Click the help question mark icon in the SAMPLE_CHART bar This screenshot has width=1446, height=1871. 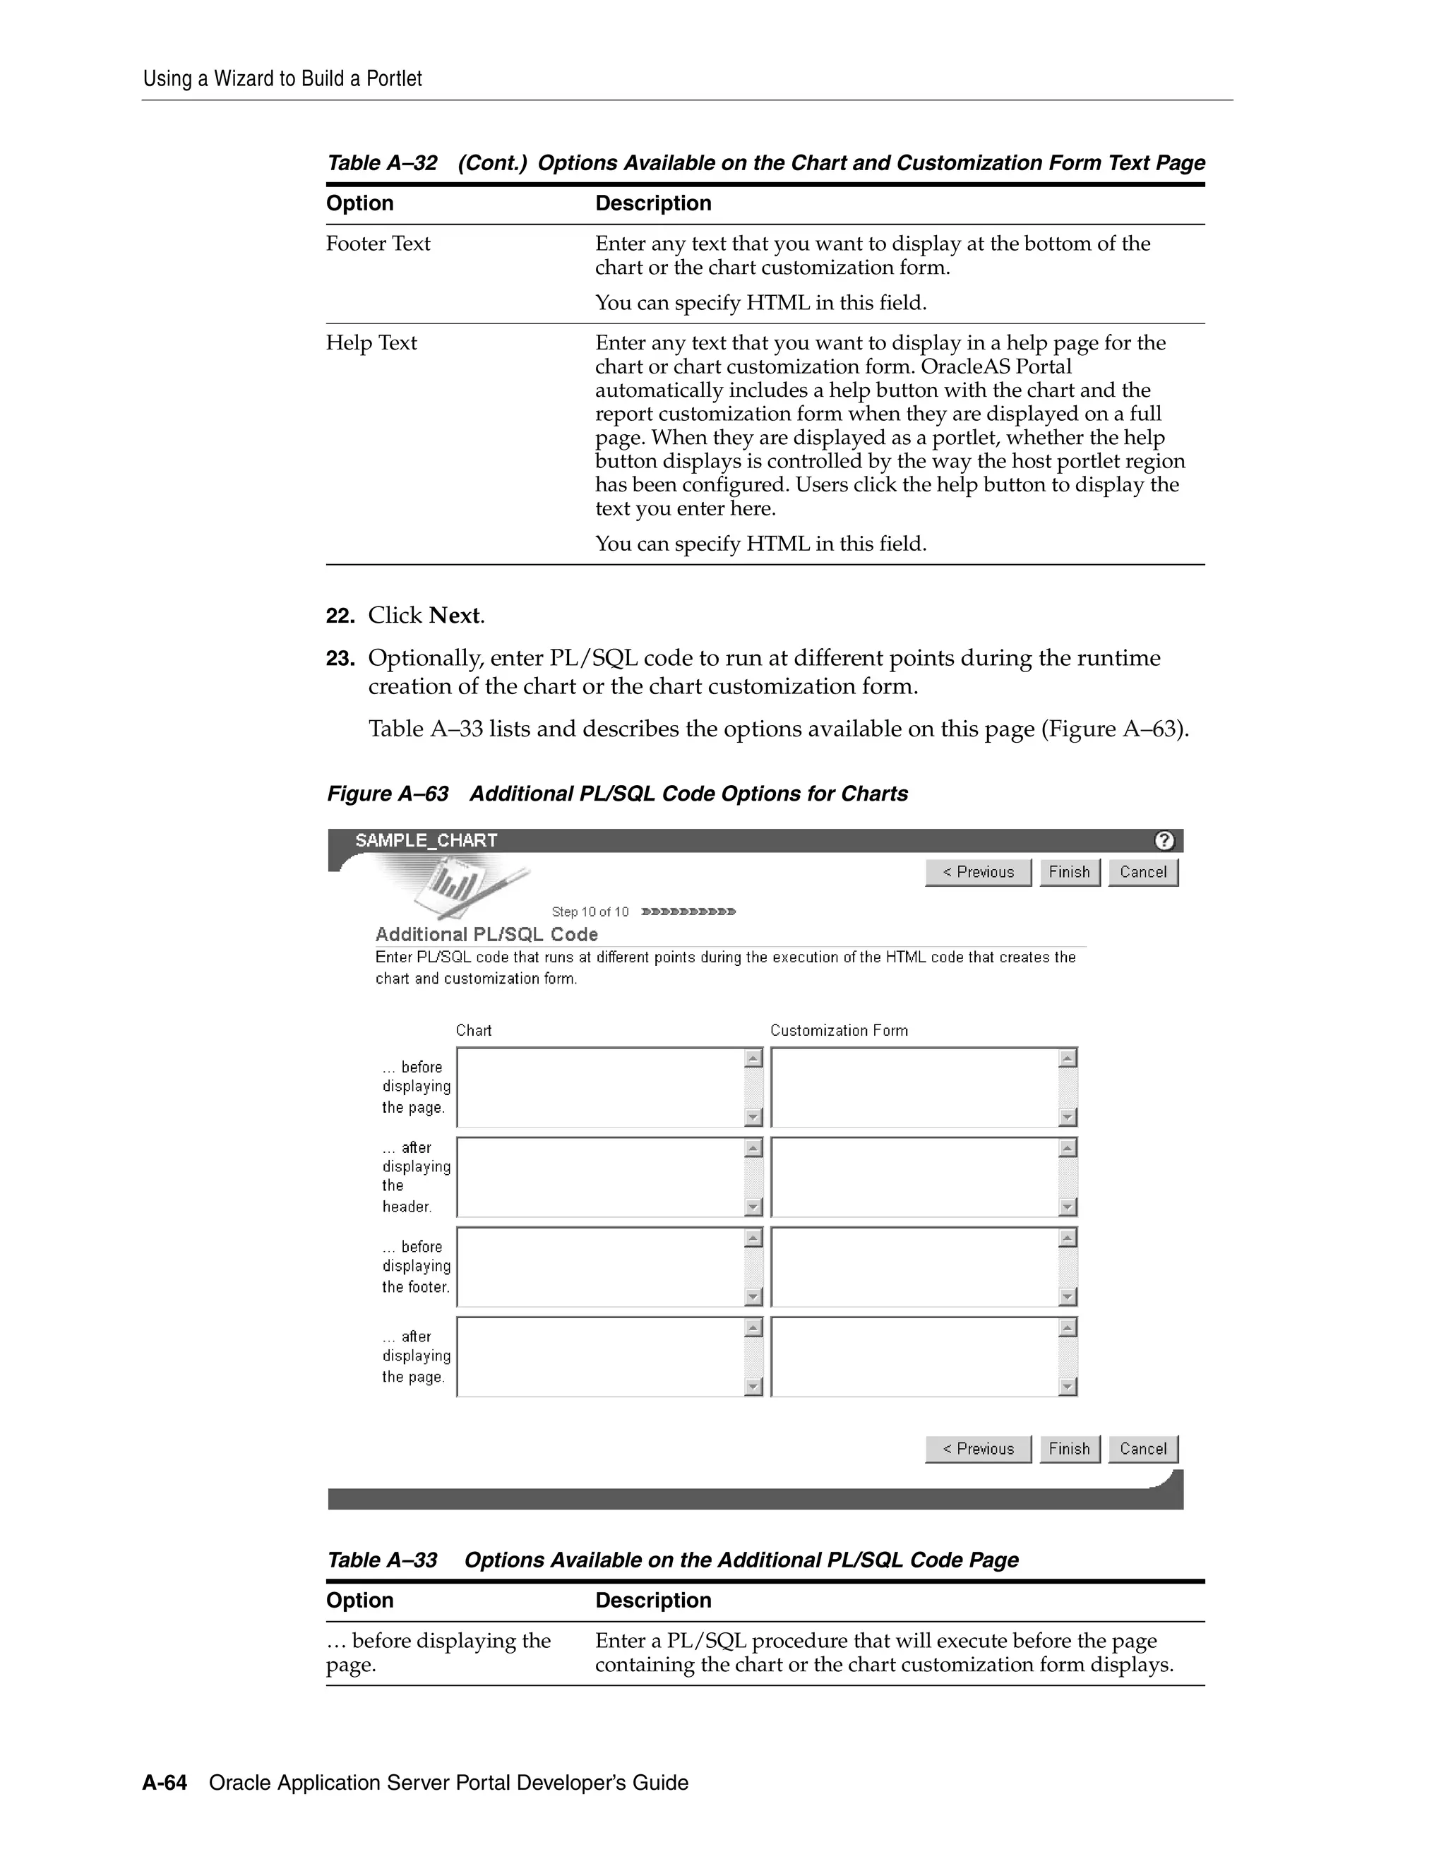click(1164, 840)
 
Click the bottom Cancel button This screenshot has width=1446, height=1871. click(1143, 1449)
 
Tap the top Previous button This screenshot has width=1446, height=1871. click(979, 872)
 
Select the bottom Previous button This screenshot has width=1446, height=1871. click(979, 1449)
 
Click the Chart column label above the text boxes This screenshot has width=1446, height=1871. click(474, 1031)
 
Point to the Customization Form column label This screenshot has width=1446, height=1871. click(839, 1031)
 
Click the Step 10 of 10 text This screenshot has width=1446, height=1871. click(590, 911)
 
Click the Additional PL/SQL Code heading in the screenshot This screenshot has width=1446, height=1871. click(486, 935)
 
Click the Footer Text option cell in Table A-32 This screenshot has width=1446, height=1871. click(378, 244)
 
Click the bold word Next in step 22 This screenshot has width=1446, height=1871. click(454, 616)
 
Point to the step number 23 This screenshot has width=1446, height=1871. click(340, 659)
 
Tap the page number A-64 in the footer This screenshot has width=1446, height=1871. click(165, 1783)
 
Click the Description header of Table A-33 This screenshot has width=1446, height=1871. click(653, 1601)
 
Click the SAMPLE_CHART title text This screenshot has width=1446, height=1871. click(426, 840)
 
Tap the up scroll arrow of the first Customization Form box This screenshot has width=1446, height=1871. click(1068, 1059)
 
